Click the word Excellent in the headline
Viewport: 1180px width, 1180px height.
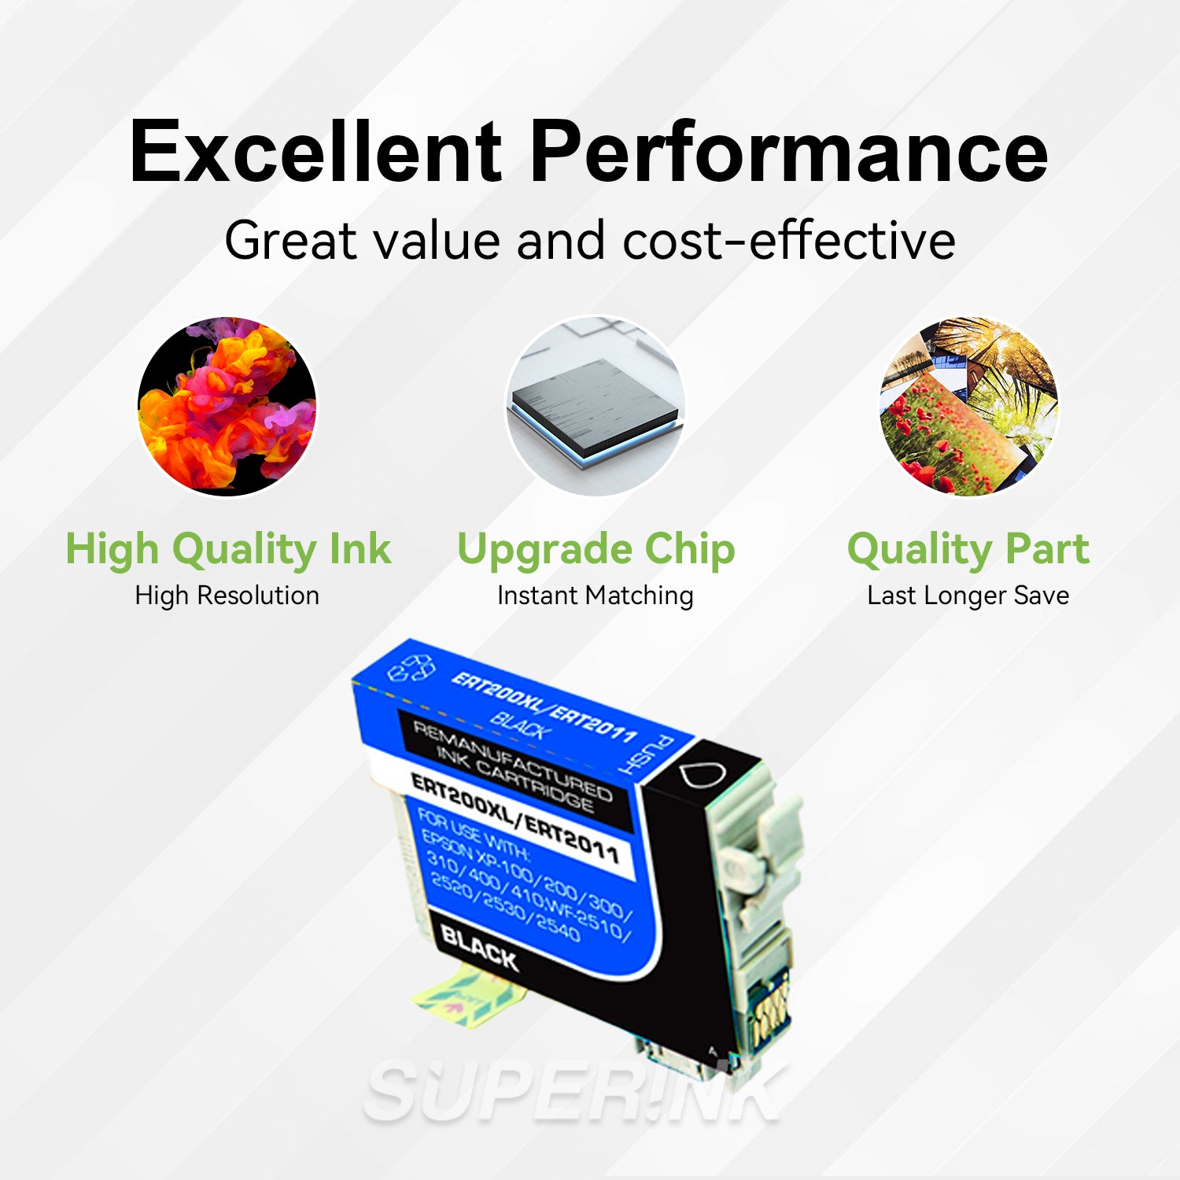pos(315,151)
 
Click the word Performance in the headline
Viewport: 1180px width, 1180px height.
pos(788,151)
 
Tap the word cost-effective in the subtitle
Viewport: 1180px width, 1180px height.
pos(789,240)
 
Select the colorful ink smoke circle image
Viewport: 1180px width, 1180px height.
pos(227,406)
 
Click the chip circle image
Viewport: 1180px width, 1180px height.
pos(595,406)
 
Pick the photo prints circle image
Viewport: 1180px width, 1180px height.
pos(968,406)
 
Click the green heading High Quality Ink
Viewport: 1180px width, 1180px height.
pos(227,549)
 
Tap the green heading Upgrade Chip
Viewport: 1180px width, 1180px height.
pos(596,549)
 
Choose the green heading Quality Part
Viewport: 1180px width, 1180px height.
pos(968,549)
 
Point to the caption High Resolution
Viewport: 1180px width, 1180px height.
pos(227,596)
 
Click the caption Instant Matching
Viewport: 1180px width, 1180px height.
pos(596,596)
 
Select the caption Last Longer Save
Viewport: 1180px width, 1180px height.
pos(968,596)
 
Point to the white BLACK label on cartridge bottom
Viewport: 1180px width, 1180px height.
pos(479,946)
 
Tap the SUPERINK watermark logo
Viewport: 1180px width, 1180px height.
pos(574,1093)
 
